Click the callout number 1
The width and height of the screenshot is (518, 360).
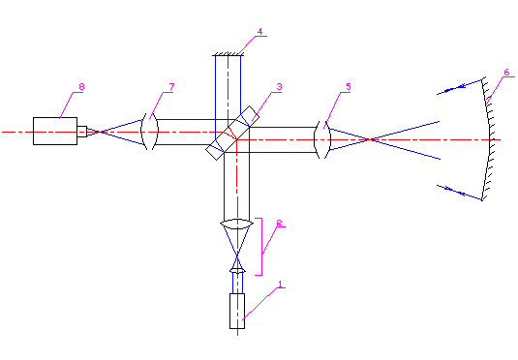(280, 284)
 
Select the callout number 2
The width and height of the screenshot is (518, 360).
(279, 223)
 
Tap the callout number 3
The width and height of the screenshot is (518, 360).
(279, 87)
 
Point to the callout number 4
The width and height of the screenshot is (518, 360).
(260, 32)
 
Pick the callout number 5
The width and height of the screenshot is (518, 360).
(349, 86)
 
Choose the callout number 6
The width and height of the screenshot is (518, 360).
(506, 73)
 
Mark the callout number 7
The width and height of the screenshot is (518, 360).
(171, 87)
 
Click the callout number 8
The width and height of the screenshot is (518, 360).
(81, 86)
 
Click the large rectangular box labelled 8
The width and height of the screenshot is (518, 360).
(55, 131)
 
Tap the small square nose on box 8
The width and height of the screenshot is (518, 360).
(82, 132)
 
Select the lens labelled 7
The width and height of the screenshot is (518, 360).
(149, 132)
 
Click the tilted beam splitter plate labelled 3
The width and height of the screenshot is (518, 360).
(232, 134)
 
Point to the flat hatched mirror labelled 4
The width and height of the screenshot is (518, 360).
(228, 54)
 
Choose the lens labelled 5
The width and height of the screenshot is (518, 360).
(322, 139)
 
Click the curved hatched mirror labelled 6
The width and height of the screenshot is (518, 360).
(490, 139)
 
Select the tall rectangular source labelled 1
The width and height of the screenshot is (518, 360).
(237, 311)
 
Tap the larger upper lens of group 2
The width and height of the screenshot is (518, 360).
(236, 224)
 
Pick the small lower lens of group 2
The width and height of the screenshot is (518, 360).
(237, 271)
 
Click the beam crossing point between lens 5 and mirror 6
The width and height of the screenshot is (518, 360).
(371, 139)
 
